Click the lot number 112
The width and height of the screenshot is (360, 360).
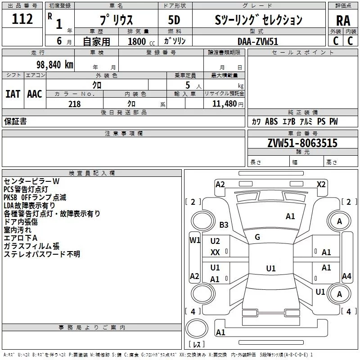click(x=22, y=19)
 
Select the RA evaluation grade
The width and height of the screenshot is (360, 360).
click(x=343, y=21)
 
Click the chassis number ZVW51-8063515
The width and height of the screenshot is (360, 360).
click(x=302, y=143)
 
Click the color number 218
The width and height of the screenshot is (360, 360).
click(x=74, y=104)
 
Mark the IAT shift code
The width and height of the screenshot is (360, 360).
click(x=13, y=94)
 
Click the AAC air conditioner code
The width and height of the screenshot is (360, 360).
click(x=34, y=94)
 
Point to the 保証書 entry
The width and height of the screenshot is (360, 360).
click(x=15, y=121)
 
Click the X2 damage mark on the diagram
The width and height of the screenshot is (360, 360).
click(x=321, y=184)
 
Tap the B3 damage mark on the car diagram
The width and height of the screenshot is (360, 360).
click(x=224, y=225)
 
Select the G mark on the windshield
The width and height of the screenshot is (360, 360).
click(x=257, y=237)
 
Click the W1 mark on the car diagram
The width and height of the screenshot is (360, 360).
click(x=194, y=240)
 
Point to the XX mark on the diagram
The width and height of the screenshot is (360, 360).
click(x=215, y=252)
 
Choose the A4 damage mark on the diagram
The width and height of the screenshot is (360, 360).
click(x=346, y=276)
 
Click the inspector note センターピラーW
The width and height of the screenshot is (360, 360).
click(x=31, y=181)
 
